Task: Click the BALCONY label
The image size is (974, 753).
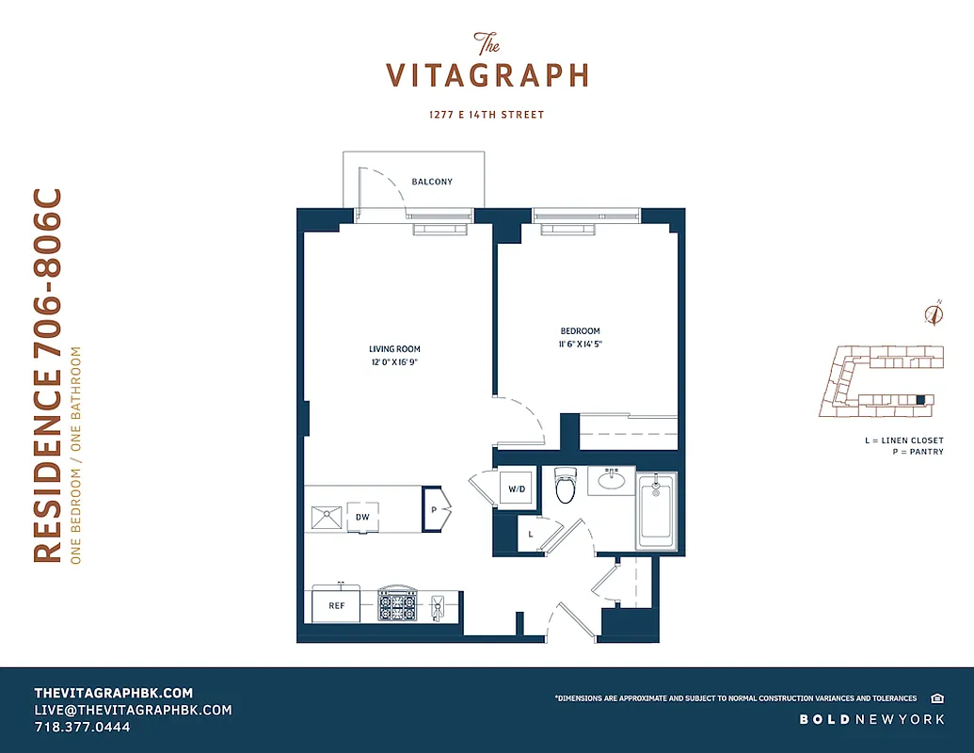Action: [x=432, y=182]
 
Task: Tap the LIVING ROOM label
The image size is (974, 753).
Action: [x=394, y=349]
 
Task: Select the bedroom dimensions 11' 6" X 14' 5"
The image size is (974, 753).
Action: [x=580, y=344]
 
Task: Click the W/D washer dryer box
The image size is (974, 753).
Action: [x=517, y=489]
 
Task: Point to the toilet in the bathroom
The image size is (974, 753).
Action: [x=565, y=487]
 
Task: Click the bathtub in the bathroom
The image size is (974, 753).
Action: [x=656, y=513]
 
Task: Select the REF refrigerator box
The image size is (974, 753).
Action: [x=336, y=606]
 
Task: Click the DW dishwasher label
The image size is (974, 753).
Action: [x=361, y=518]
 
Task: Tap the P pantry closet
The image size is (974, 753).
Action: [x=434, y=508]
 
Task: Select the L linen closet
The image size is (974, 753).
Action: [x=531, y=534]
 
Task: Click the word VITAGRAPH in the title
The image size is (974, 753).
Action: [x=487, y=75]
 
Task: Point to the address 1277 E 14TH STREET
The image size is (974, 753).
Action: [x=486, y=115]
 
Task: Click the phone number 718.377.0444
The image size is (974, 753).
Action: [x=83, y=728]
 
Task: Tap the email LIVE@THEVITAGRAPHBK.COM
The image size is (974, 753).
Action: [x=133, y=710]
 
